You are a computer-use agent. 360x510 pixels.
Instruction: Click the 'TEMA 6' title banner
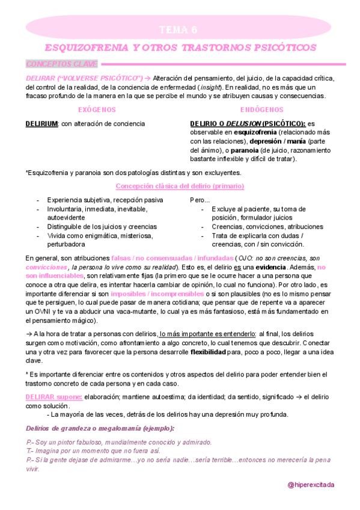(180, 30)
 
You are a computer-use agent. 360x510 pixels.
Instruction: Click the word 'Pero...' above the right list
(200, 200)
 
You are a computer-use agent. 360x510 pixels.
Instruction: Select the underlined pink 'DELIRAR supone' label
(55, 398)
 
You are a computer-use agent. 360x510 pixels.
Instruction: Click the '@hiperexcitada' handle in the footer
(311, 484)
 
